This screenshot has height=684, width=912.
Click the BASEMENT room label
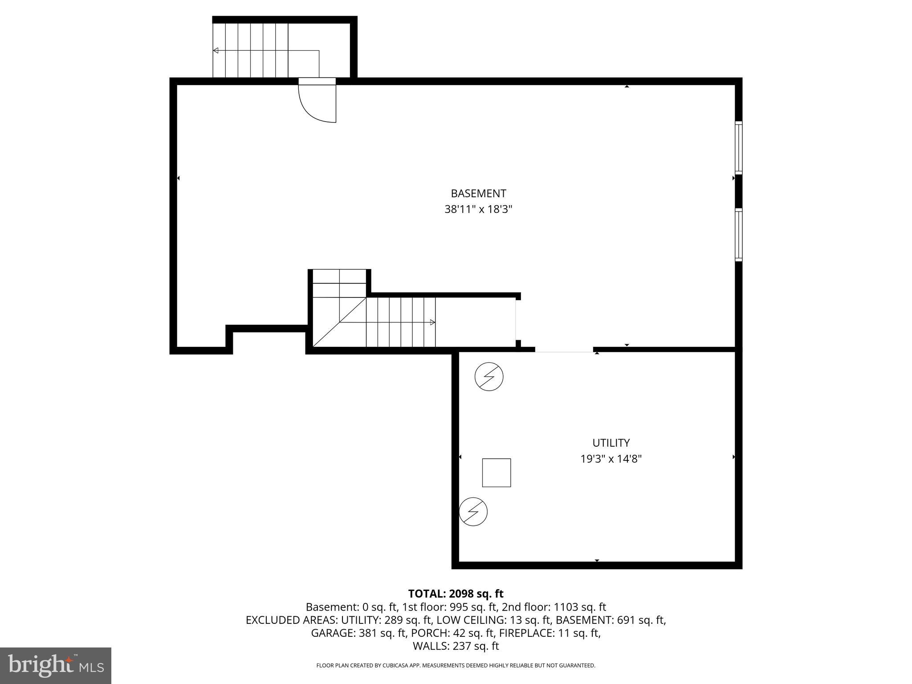tap(478, 193)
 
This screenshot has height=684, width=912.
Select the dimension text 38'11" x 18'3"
tap(478, 209)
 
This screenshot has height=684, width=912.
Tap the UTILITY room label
tap(611, 443)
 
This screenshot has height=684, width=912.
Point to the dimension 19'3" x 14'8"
tap(611, 459)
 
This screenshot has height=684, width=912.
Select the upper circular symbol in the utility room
tap(489, 377)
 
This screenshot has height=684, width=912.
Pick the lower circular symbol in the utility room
tap(473, 512)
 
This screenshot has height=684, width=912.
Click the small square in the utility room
tap(496, 472)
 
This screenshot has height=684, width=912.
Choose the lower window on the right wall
tap(738, 235)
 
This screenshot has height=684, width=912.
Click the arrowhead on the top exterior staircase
tap(216, 50)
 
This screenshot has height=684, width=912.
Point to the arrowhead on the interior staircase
tap(432, 322)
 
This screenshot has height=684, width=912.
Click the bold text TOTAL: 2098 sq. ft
tap(456, 594)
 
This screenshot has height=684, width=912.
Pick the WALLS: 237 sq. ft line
tap(456, 646)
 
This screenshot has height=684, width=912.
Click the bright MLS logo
tap(56, 665)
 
